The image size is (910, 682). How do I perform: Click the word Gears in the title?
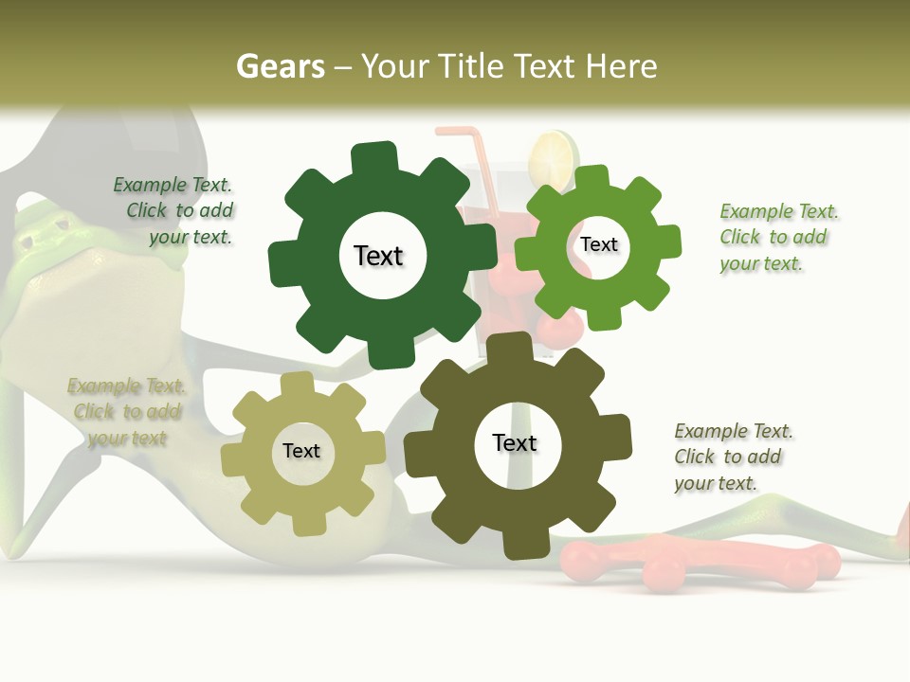(280, 67)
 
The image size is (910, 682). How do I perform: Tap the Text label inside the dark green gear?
(379, 256)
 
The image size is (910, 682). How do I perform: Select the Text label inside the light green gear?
(599, 244)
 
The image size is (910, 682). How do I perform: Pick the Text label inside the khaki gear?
(301, 452)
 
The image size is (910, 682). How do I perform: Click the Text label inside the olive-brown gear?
(515, 443)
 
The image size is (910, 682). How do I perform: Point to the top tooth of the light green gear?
(592, 178)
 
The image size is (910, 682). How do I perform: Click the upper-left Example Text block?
(175, 211)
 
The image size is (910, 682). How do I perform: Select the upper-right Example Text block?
(777, 238)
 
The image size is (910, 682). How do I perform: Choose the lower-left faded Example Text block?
(126, 412)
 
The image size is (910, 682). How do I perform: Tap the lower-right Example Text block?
(732, 458)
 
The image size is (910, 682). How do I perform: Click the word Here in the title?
(621, 67)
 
